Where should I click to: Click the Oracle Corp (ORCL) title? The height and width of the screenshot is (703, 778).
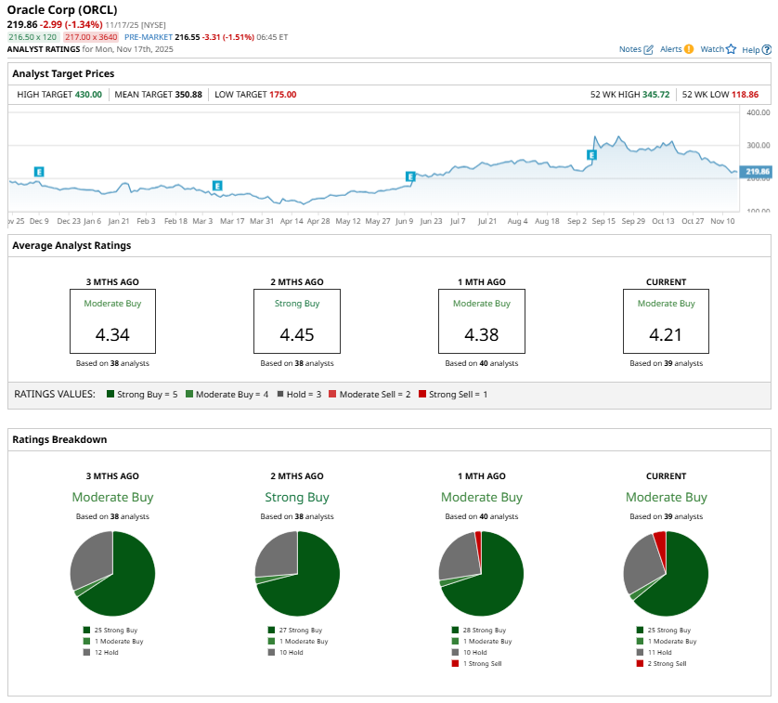pyautogui.click(x=62, y=10)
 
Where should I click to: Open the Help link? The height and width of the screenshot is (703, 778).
pyautogui.click(x=751, y=49)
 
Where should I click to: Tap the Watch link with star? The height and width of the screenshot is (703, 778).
pyautogui.click(x=718, y=49)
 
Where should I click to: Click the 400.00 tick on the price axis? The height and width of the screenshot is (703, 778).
pyautogui.click(x=758, y=112)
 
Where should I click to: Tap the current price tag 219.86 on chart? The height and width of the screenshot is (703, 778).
pyautogui.click(x=758, y=172)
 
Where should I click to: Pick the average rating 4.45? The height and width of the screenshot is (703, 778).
pyautogui.click(x=297, y=333)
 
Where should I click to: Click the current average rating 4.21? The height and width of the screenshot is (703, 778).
pyautogui.click(x=666, y=333)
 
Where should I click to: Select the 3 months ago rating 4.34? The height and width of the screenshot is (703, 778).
pyautogui.click(x=112, y=333)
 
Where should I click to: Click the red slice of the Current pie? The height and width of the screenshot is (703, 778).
pyautogui.click(x=660, y=540)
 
